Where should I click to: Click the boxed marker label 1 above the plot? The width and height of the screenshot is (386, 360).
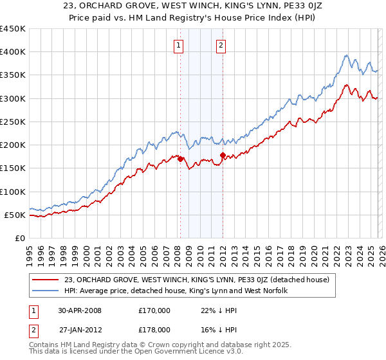pyautogui.click(x=178, y=45)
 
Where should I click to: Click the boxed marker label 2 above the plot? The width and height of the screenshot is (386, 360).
pyautogui.click(x=221, y=45)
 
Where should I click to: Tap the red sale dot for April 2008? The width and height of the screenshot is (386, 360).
pyautogui.click(x=181, y=159)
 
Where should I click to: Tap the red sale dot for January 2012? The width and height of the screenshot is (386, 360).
pyautogui.click(x=223, y=155)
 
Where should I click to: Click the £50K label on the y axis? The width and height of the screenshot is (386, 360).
pyautogui.click(x=15, y=215)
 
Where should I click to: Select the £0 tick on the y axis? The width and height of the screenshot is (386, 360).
pyautogui.click(x=20, y=238)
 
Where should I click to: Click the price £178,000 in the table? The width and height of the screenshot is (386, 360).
pyautogui.click(x=154, y=329)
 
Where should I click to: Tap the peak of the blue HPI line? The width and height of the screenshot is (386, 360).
pyautogui.click(x=346, y=55)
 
